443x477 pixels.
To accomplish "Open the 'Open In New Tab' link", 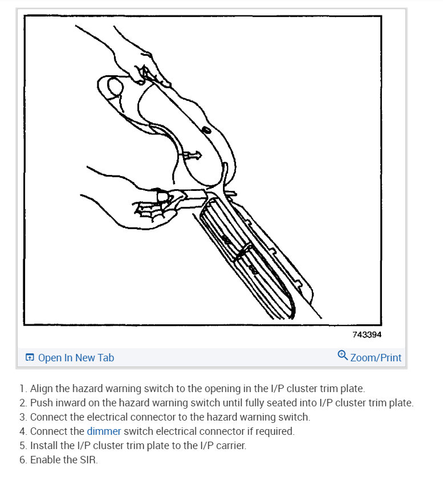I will (75, 358).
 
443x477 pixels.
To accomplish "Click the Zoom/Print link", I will (375, 358).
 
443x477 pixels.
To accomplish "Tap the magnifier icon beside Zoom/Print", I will (343, 356).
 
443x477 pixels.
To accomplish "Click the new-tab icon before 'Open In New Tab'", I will (30, 358).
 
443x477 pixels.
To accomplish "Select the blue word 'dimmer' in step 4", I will (104, 431).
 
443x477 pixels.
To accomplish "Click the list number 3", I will (22, 417).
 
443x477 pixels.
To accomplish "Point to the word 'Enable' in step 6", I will (44, 459).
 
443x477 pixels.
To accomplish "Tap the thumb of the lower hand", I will (164, 196).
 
